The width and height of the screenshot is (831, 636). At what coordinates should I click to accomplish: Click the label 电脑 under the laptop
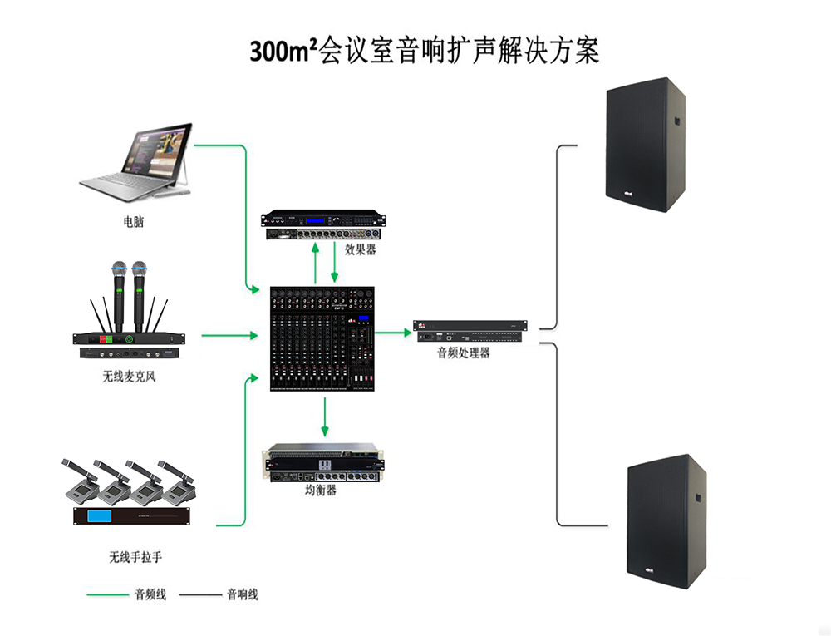point(132,223)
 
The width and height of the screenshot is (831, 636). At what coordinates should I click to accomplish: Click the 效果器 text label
point(361,249)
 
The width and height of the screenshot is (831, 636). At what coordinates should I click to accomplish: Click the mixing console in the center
point(322,339)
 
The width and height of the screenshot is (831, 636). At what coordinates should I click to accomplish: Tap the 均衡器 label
point(321,491)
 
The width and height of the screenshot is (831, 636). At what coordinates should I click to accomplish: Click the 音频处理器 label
point(464,353)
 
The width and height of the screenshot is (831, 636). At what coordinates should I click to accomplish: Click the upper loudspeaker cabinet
point(647,145)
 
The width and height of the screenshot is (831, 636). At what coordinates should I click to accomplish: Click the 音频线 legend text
point(150,594)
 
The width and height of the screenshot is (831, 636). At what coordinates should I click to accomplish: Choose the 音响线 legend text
point(242,594)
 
